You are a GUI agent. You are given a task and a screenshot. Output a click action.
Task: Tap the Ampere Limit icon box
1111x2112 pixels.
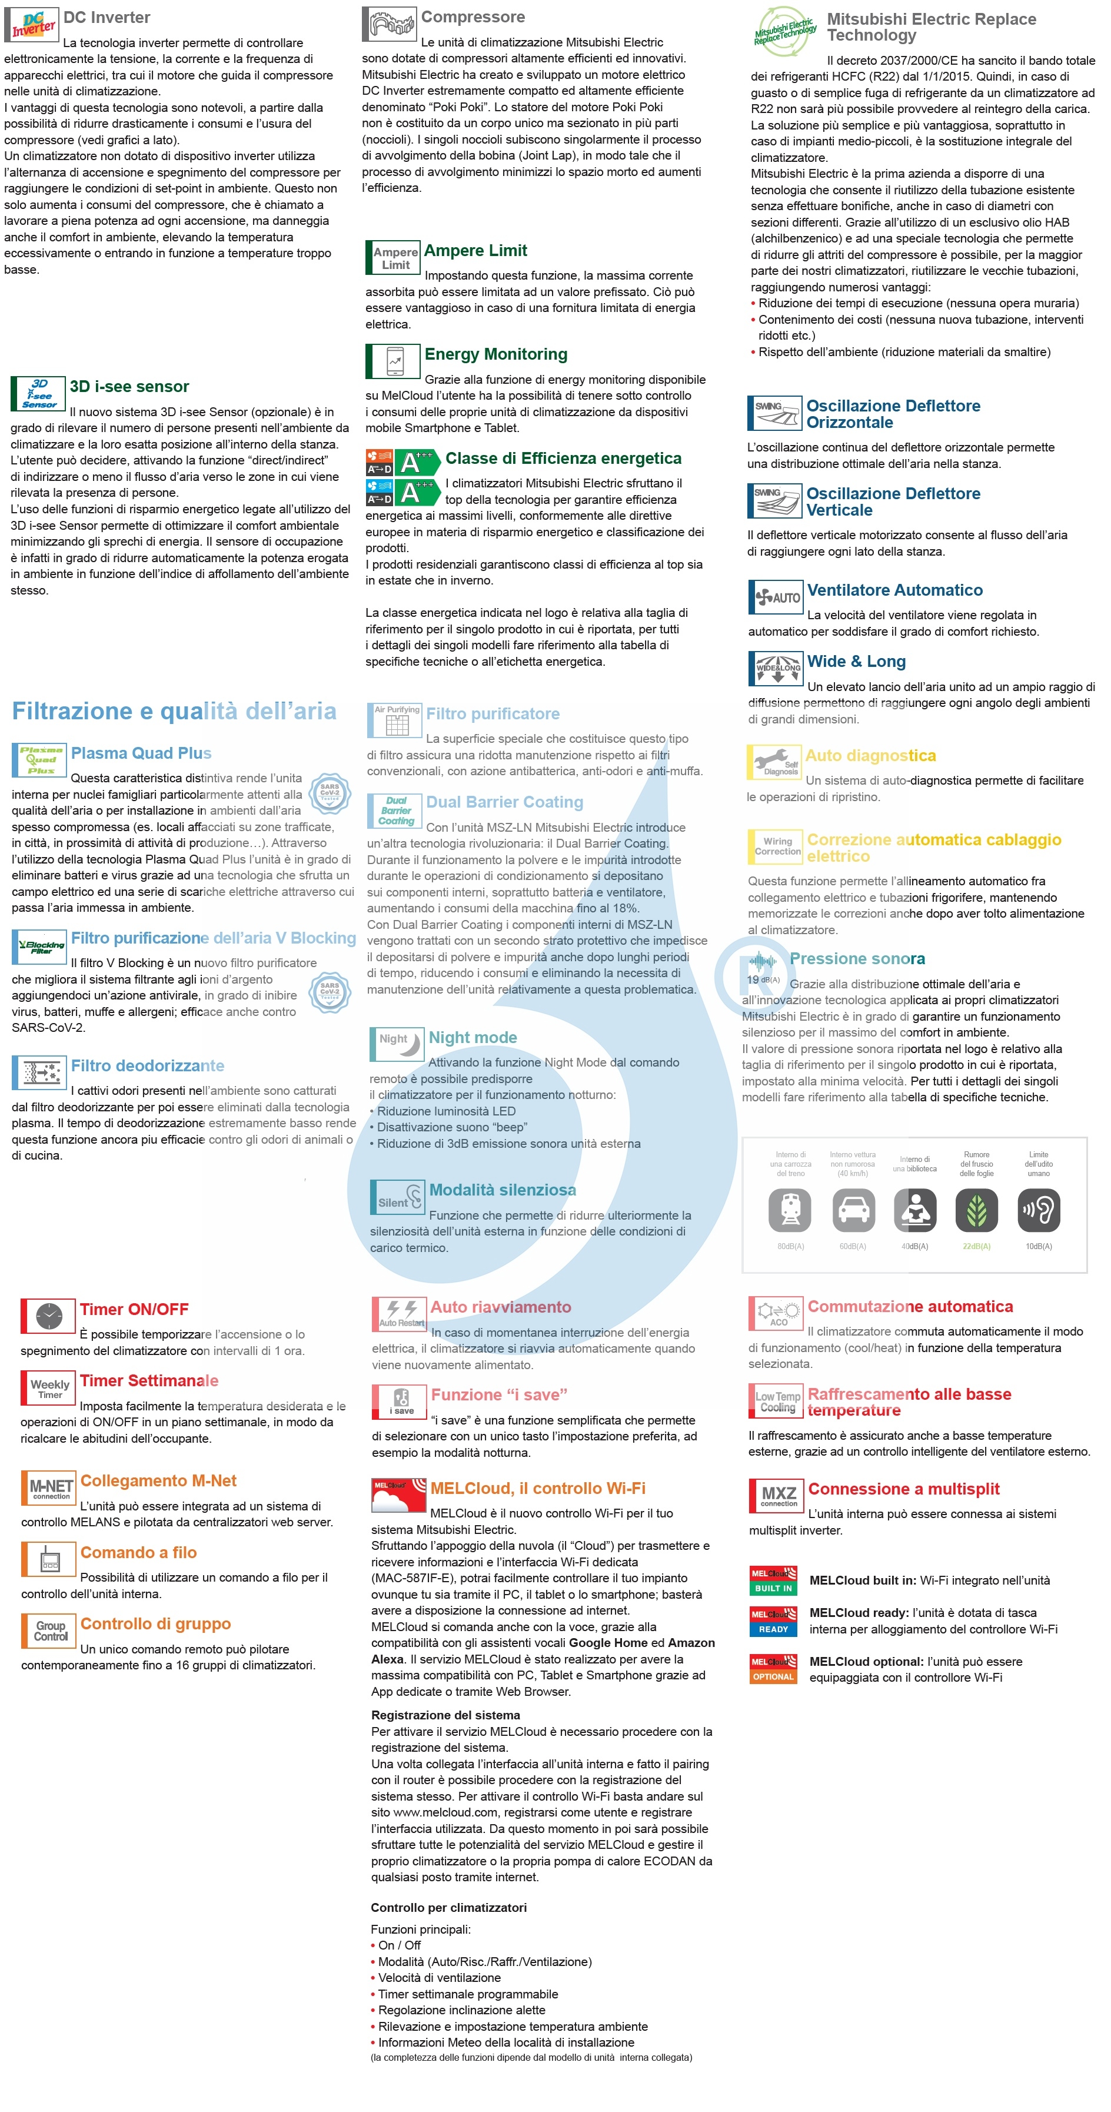(394, 257)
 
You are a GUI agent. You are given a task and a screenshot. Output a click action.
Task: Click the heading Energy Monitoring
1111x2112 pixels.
(495, 354)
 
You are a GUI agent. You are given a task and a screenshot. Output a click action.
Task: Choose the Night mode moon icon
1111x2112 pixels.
(397, 1044)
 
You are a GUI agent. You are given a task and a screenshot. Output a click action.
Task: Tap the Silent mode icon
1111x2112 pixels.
(397, 1197)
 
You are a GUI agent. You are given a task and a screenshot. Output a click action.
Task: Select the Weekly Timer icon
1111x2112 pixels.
(48, 1388)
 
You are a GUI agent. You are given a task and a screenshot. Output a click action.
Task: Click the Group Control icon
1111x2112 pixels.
(49, 1631)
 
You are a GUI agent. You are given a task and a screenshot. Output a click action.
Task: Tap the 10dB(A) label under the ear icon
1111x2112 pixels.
(1038, 1246)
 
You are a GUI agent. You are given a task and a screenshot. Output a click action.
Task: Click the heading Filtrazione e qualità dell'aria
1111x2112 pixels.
(174, 711)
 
